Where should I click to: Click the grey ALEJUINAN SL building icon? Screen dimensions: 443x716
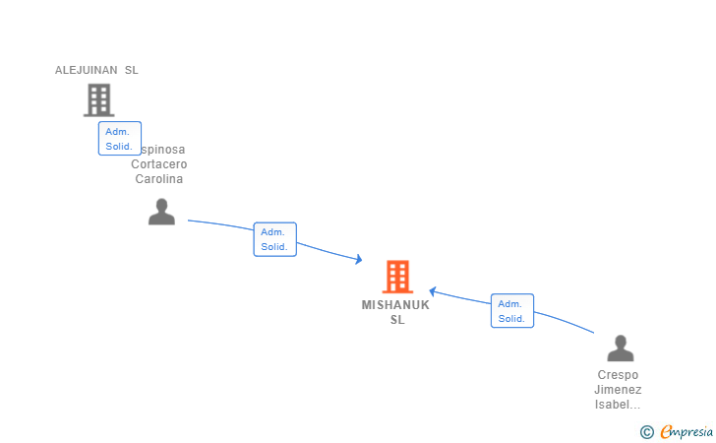98,99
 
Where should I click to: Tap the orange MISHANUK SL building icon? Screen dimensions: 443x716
397,277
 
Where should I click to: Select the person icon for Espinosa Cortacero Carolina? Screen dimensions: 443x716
161,212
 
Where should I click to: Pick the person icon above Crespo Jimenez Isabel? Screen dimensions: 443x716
620,348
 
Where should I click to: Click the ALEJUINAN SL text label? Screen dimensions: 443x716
96,70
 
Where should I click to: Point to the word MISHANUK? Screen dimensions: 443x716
395,305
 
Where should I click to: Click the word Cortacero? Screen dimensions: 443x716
159,164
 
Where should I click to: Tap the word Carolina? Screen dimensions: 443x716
159,179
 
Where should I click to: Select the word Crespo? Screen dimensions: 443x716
618,375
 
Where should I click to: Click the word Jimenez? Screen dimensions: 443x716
618,390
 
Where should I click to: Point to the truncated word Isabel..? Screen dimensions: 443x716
618,405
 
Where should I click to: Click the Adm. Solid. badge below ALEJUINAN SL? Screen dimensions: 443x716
119,139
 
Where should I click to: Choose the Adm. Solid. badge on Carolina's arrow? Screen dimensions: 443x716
274,239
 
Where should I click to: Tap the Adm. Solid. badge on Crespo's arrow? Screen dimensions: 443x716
511,311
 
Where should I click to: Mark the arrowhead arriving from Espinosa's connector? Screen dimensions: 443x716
359,260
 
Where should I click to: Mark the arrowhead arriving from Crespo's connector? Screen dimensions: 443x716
433,291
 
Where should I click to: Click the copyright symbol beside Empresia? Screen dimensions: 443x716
646,431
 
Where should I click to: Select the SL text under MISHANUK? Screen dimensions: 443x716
396,320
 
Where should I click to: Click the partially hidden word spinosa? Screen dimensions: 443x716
163,150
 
